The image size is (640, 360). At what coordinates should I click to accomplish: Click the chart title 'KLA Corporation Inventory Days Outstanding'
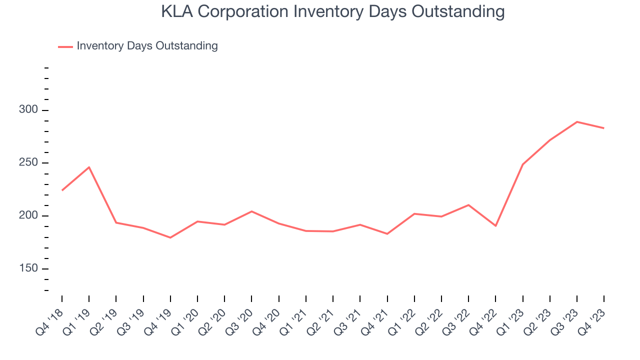332,11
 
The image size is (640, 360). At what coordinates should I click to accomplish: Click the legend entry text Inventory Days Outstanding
147,46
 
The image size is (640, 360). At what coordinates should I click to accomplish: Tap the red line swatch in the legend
65,46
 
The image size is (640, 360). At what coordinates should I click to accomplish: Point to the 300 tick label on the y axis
28,110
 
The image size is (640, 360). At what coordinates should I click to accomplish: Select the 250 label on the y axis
28,163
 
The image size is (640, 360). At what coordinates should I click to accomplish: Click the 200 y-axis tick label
28,216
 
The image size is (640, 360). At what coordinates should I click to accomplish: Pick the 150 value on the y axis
28,269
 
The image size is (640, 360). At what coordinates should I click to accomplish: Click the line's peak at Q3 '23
577,121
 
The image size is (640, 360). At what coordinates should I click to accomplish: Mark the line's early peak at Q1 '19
89,167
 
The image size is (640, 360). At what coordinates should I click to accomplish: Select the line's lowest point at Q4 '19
170,237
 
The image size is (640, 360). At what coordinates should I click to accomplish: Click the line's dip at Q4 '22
495,226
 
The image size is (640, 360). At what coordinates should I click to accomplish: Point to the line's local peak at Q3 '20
251,211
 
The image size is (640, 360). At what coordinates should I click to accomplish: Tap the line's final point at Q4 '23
604,128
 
